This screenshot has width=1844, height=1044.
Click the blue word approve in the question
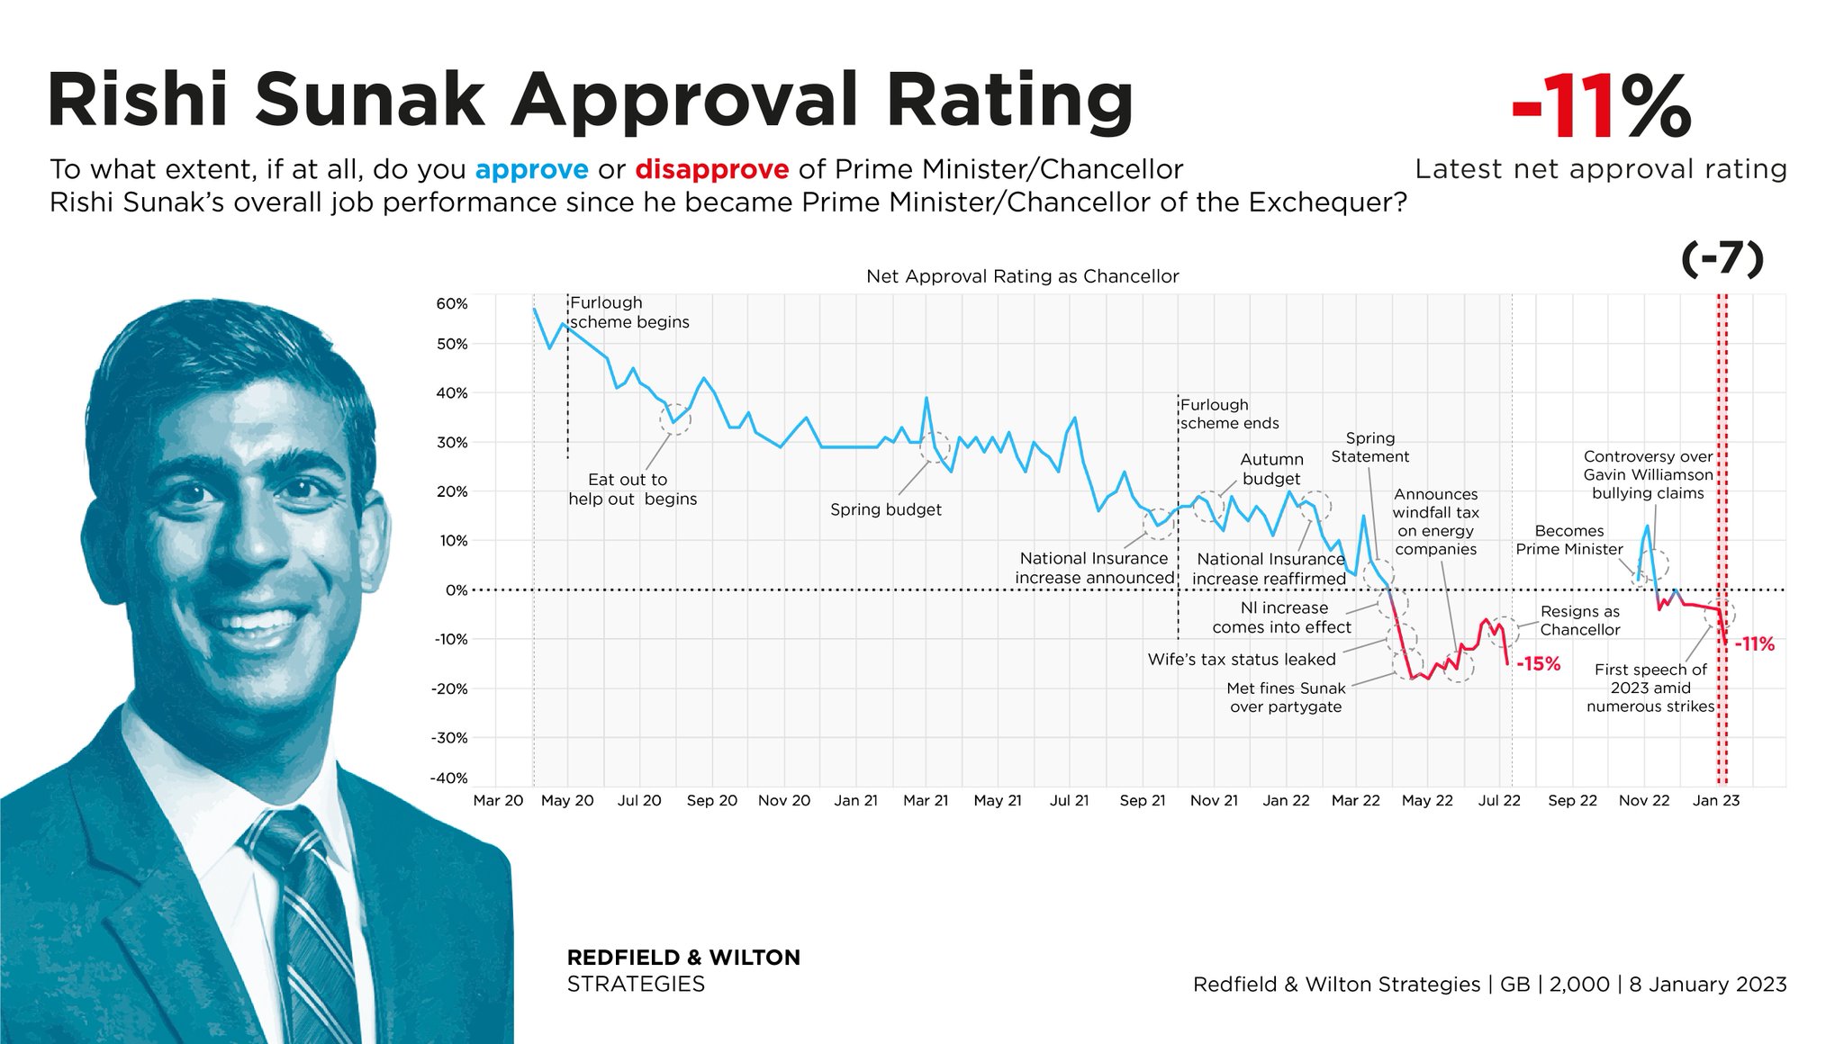click(531, 169)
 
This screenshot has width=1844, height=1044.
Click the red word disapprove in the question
click(711, 169)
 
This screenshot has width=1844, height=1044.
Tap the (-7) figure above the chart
click(1722, 259)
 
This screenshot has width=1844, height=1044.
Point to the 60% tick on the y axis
click(452, 304)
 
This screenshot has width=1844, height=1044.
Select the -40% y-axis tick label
click(451, 778)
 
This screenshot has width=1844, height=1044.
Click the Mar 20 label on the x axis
click(498, 801)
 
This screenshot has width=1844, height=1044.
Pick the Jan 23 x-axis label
click(1716, 801)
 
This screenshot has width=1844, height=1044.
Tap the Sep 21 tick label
click(1143, 801)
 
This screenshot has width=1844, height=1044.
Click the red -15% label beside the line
click(1539, 664)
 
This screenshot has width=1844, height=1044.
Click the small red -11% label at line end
click(1754, 644)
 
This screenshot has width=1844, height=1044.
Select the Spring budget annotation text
click(885, 510)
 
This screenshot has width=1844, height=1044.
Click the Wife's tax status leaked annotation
click(1242, 660)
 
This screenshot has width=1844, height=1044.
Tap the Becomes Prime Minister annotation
click(1569, 540)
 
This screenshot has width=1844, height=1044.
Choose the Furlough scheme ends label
click(1229, 414)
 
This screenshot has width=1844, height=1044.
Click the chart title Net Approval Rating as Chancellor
click(1022, 276)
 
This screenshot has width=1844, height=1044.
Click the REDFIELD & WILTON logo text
click(683, 958)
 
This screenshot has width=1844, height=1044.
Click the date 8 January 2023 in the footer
click(1707, 985)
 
